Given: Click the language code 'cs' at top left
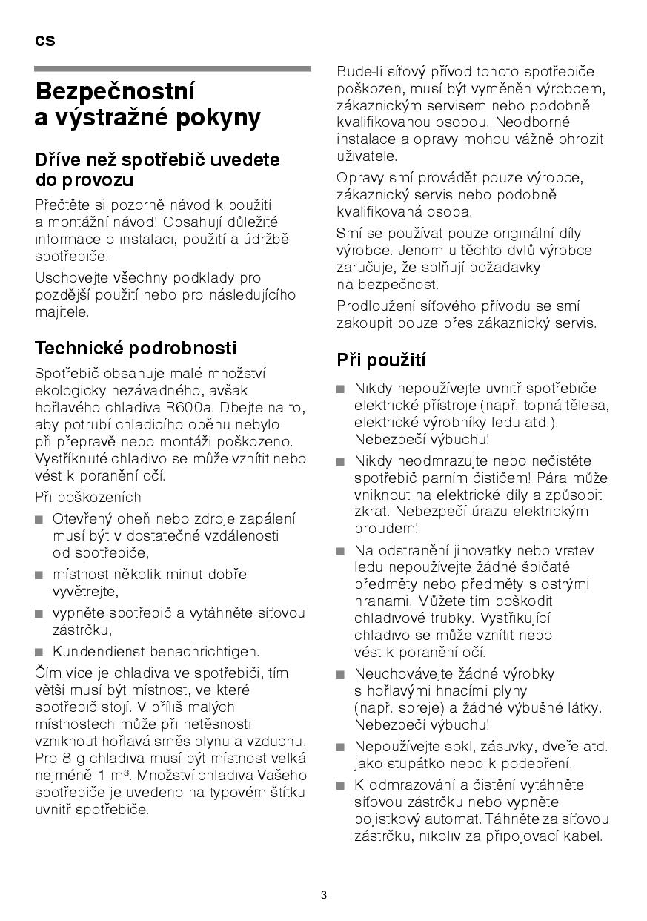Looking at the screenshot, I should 44,41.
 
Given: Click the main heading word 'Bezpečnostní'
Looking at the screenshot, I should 115,92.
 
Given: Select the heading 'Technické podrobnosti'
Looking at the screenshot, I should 136,349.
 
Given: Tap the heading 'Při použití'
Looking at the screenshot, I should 381,360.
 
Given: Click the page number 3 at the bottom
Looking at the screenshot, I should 324,894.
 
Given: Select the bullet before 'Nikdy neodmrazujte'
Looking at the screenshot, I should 340,462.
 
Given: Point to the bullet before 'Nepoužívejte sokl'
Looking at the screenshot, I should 340,747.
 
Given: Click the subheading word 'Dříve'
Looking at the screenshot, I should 59,159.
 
